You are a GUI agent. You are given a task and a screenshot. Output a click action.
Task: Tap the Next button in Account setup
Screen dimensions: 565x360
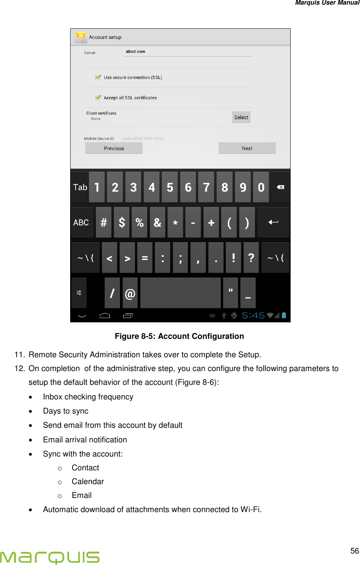247,148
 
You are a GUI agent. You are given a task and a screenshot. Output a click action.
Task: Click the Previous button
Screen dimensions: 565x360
114,148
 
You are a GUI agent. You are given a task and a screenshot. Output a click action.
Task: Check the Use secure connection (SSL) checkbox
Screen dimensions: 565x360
99,77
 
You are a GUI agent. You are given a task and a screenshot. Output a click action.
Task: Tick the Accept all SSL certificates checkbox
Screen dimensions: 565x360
99,97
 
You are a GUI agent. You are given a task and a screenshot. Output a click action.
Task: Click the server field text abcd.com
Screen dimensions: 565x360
136,51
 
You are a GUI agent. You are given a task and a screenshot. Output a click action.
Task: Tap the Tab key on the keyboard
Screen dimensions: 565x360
80,187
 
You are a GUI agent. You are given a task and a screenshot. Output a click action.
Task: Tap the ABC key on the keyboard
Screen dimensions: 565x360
81,223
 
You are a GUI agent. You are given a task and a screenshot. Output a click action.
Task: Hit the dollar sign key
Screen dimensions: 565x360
122,223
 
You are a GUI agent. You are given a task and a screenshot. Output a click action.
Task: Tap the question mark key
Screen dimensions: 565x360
251,258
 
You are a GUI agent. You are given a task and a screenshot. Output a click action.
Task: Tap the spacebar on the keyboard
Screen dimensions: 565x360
180,293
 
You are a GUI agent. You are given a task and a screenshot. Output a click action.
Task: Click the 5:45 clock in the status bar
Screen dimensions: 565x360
253,315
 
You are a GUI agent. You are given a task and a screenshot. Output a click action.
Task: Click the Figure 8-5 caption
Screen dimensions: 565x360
179,336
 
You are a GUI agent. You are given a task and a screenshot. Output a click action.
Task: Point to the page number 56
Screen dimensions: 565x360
354,551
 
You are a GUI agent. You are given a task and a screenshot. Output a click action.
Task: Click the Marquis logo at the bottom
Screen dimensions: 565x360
50,557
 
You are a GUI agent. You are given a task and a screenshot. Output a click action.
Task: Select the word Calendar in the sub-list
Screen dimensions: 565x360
88,481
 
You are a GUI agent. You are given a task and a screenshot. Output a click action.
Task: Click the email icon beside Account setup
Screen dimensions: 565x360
81,37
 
